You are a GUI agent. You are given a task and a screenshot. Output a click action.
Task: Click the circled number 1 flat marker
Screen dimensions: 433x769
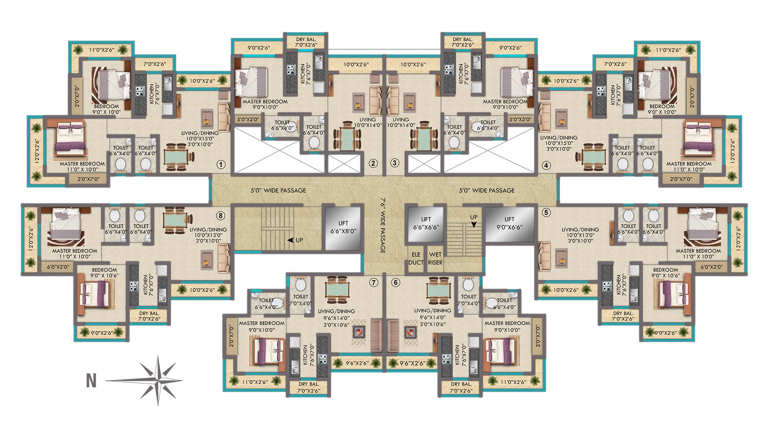coord(221,164)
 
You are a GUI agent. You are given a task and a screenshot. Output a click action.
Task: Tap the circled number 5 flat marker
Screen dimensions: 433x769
coord(547,213)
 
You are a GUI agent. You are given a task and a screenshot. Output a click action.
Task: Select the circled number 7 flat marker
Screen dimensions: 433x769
coord(373,283)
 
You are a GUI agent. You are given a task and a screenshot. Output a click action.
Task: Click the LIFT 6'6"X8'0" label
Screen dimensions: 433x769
coord(343,227)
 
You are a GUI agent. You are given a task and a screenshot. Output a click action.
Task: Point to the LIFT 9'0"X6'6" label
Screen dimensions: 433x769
coord(509,223)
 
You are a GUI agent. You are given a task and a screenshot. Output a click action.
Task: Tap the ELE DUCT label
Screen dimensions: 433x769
coord(416,259)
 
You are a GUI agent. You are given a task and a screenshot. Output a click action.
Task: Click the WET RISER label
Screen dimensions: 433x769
coord(435,259)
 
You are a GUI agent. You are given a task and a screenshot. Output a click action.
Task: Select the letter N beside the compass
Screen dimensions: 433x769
coord(91,381)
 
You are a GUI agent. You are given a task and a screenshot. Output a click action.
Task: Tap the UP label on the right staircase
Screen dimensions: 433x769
coord(474,220)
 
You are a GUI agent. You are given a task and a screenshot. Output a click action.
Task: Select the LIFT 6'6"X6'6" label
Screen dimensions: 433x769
coord(426,223)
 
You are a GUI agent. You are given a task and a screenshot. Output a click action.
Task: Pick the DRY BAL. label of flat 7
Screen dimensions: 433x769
coord(309,387)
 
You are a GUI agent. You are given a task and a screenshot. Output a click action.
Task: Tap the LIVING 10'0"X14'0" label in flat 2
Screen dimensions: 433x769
coord(365,122)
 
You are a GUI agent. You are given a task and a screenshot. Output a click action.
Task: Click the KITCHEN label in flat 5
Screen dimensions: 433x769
coord(619,285)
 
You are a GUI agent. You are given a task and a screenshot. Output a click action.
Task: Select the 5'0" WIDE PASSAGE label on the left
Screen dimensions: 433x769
coord(278,190)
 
